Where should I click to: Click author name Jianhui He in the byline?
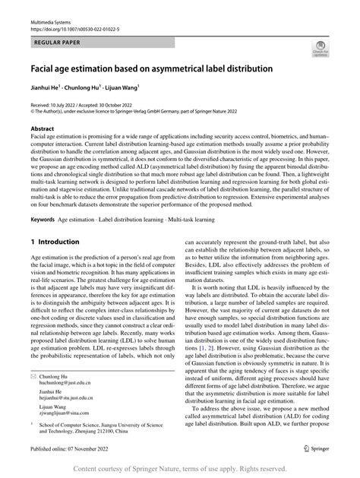tap(48, 88)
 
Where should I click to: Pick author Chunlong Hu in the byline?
tap(91, 88)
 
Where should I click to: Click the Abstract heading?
tap(42, 130)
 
